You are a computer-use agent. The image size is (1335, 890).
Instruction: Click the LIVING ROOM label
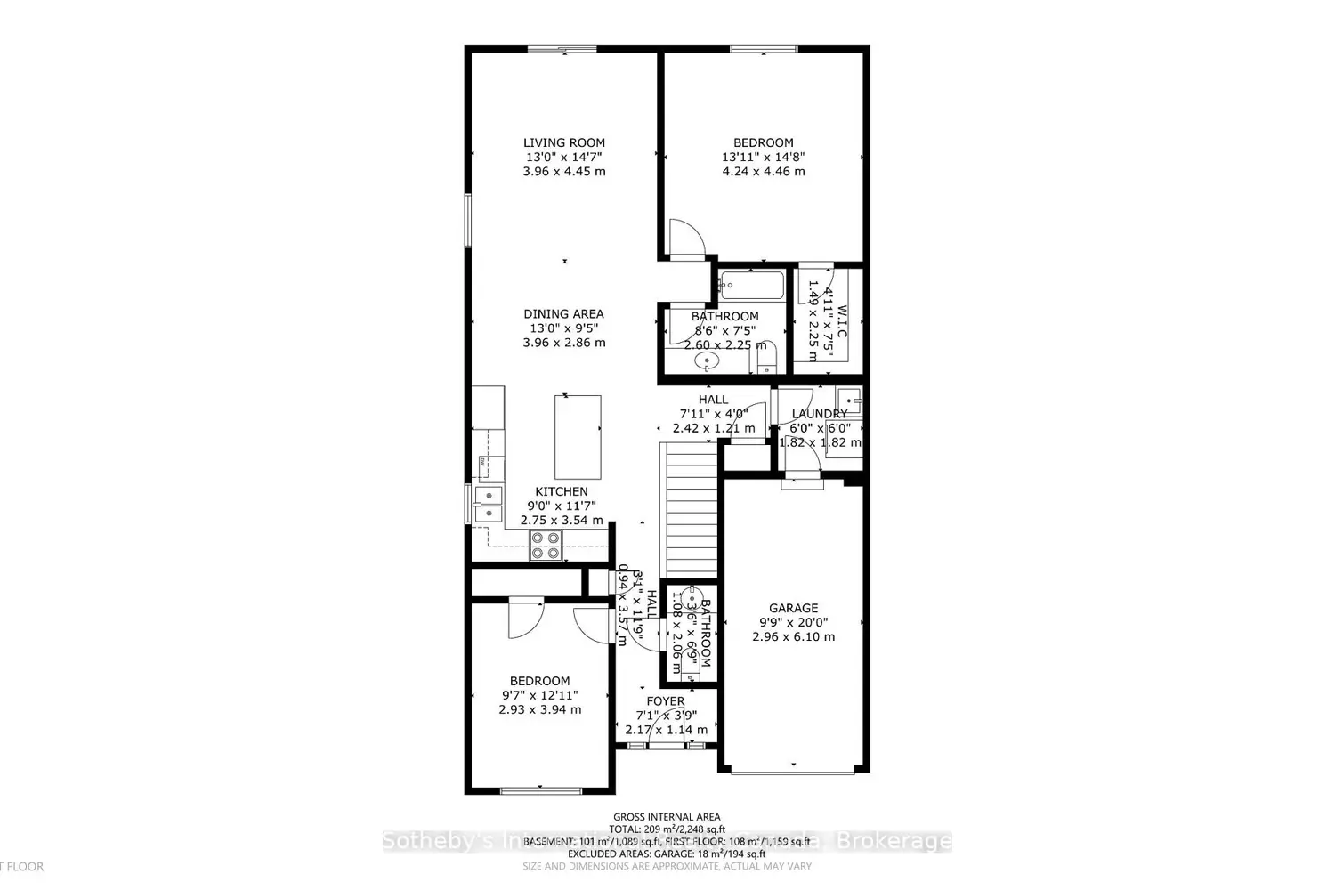point(563,142)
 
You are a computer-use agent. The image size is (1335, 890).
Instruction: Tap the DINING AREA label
point(563,313)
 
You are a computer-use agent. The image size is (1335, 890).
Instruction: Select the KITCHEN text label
point(561,491)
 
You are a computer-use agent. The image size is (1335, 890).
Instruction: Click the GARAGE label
point(793,608)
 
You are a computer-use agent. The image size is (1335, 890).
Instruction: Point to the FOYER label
point(666,701)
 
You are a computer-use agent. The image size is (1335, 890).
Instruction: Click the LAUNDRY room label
point(819,414)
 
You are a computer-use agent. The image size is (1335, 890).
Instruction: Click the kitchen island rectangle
point(578,437)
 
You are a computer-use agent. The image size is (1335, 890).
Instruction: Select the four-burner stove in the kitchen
point(546,545)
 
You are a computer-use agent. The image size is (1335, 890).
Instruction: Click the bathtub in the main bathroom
point(753,286)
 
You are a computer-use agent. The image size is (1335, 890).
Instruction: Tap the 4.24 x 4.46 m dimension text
point(763,171)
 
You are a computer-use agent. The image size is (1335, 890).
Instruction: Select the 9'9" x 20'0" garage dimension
point(793,623)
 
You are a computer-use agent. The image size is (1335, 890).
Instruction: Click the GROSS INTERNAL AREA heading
point(667,816)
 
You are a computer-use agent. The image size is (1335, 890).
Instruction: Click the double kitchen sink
point(488,504)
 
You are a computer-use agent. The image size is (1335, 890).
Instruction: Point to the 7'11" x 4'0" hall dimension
point(712,414)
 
